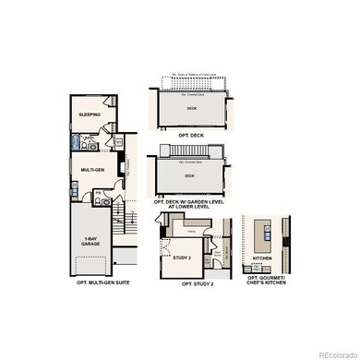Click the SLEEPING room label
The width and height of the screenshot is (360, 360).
[89, 114]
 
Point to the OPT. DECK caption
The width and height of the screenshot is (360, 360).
[192, 135]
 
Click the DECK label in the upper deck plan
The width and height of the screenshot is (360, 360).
[192, 107]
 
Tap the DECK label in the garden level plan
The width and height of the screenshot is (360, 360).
[189, 174]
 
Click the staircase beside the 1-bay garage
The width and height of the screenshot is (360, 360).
[119, 231]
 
